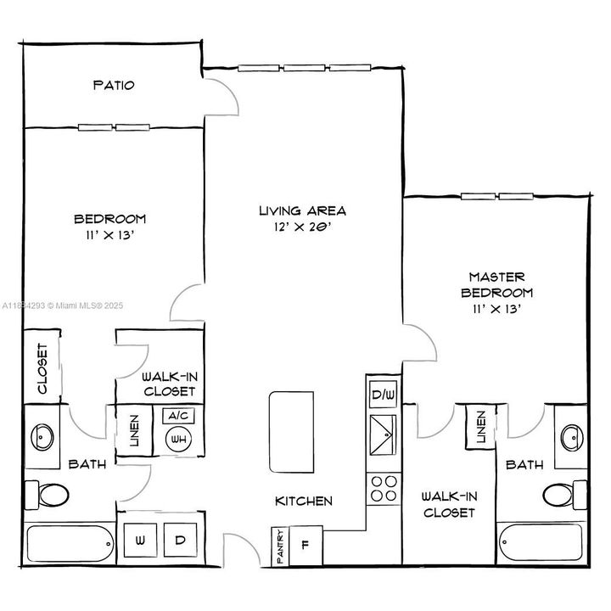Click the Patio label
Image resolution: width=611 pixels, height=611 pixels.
coord(113,86)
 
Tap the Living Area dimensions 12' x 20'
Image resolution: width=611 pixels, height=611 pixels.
coord(303,228)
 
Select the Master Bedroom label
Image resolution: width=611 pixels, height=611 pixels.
coord(497,285)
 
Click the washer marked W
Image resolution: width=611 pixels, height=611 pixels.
coord(138,540)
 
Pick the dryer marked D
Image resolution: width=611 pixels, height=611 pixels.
coord(180,540)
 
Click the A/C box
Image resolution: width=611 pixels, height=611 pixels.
coord(178,416)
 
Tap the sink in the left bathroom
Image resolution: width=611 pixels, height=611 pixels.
coord(42,437)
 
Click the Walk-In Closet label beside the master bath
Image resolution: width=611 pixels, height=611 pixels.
coord(447,506)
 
